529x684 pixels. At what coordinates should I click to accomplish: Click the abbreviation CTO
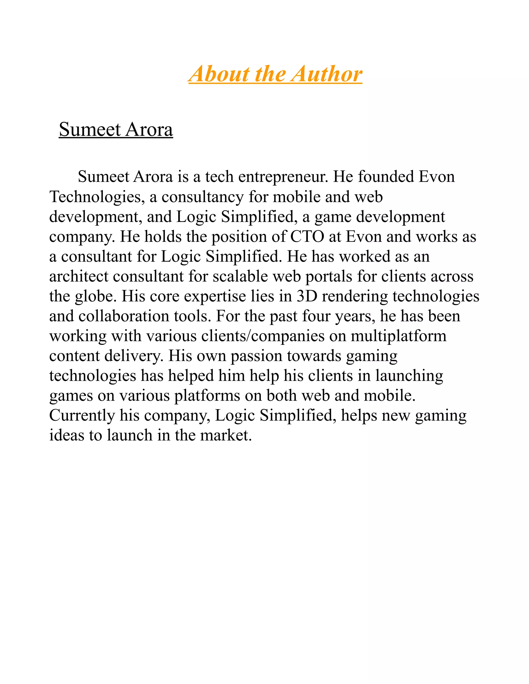307,236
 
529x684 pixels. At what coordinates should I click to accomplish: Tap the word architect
79,276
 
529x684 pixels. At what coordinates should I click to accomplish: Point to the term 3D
307,296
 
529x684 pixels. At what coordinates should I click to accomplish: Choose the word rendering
355,296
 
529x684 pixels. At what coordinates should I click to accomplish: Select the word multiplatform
398,336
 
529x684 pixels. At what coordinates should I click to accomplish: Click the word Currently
82,416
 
